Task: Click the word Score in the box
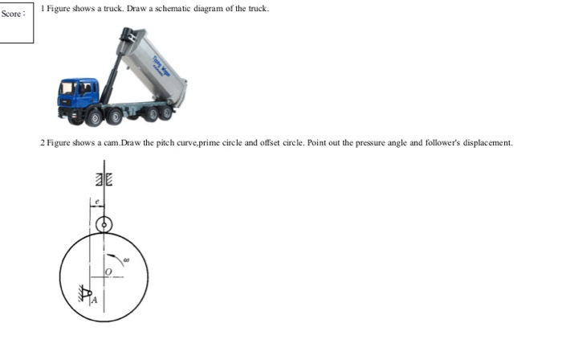click(x=11, y=14)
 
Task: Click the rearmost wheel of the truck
click(x=166, y=113)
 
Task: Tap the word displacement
click(x=485, y=143)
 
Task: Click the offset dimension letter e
click(x=96, y=202)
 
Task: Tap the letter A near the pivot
click(x=94, y=299)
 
